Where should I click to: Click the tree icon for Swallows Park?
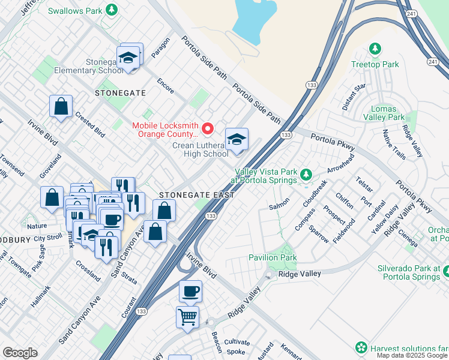[111, 10]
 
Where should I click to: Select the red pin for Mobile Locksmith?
[208, 128]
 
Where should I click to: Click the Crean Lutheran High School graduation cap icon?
[237, 140]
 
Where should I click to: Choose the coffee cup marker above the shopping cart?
[190, 291]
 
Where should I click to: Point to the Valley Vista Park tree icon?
[307, 175]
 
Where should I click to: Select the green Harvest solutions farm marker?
[361, 347]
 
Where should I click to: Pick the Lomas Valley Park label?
[384, 113]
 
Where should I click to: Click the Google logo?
[20, 353]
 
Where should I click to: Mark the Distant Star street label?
[354, 97]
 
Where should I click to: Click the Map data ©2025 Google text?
[411, 355]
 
